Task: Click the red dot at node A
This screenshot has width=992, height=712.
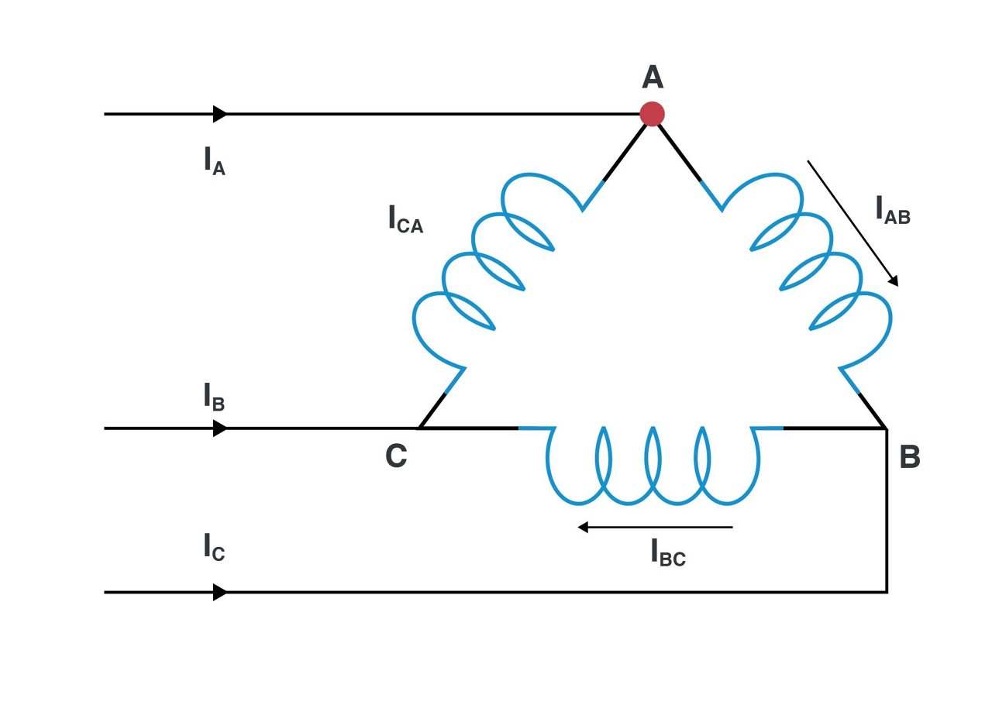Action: pyautogui.click(x=652, y=114)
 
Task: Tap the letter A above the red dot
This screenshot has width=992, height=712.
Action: pyautogui.click(x=653, y=77)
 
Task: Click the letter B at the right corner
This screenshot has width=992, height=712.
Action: pyautogui.click(x=909, y=458)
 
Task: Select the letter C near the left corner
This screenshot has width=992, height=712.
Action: pyautogui.click(x=395, y=457)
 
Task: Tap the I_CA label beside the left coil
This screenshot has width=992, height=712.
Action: pyautogui.click(x=405, y=220)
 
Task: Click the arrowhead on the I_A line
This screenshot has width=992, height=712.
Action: pyautogui.click(x=221, y=114)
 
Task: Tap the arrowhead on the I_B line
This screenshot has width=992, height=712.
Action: pyautogui.click(x=221, y=428)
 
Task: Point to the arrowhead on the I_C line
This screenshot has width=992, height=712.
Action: pyautogui.click(x=221, y=593)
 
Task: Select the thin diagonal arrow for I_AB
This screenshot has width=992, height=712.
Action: pyautogui.click(x=852, y=223)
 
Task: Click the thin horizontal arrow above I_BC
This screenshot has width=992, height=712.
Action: pyautogui.click(x=655, y=528)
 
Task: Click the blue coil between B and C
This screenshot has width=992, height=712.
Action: pyautogui.click(x=651, y=469)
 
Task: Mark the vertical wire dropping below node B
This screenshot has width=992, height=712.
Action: pyautogui.click(x=887, y=511)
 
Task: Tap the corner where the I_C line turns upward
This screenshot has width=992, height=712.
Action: pyautogui.click(x=887, y=592)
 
